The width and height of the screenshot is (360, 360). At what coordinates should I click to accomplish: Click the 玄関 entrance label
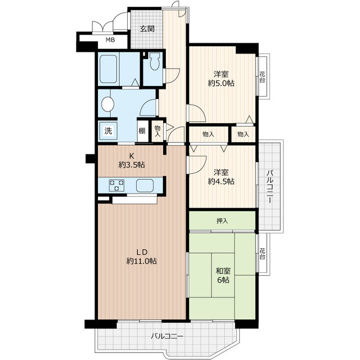(x=147, y=29)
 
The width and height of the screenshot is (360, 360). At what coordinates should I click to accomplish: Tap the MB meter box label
(x=110, y=40)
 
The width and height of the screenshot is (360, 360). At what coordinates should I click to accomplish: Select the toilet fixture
(x=155, y=61)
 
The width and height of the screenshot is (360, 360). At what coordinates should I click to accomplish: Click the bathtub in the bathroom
(x=109, y=69)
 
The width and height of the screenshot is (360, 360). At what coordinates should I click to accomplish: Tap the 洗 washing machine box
(x=108, y=130)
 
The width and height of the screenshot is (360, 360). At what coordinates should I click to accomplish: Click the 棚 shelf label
(x=142, y=131)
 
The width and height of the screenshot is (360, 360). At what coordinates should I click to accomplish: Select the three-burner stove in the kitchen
(x=116, y=186)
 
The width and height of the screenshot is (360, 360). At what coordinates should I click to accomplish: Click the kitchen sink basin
(x=145, y=186)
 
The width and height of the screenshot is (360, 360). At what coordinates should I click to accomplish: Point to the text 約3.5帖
(x=132, y=165)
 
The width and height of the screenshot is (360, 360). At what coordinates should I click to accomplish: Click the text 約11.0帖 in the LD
(x=142, y=261)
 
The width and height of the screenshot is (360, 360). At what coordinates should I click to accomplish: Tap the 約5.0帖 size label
(x=221, y=83)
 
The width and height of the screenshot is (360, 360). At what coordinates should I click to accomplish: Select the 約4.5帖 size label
(x=221, y=181)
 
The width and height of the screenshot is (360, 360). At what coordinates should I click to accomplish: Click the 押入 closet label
(x=222, y=221)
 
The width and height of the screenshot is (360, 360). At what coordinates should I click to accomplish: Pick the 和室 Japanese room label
(x=223, y=271)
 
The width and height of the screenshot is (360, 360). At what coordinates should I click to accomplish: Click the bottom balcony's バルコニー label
(x=167, y=336)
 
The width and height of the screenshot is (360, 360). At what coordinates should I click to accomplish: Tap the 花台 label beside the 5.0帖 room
(x=262, y=77)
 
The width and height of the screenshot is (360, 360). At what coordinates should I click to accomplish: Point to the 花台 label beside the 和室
(x=262, y=254)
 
